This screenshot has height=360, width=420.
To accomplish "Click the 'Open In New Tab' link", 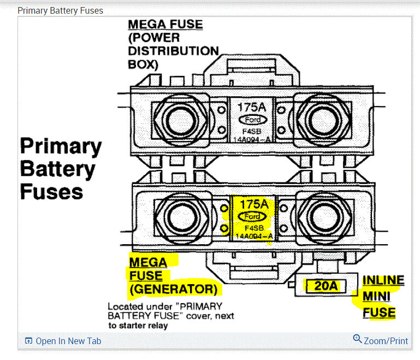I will (x=63, y=341).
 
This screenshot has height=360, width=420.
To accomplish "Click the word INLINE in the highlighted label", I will (x=383, y=281).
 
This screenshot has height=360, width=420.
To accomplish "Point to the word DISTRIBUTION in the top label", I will (x=173, y=51).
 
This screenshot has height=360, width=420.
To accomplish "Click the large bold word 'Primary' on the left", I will (x=61, y=146).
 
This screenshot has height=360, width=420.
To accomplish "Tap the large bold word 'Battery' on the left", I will (x=57, y=169).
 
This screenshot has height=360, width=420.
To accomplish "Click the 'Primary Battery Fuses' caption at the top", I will (x=60, y=10).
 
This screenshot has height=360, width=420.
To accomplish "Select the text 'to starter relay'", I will (x=138, y=326).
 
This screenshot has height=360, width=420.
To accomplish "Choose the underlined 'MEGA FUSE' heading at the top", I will (x=165, y=25).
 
